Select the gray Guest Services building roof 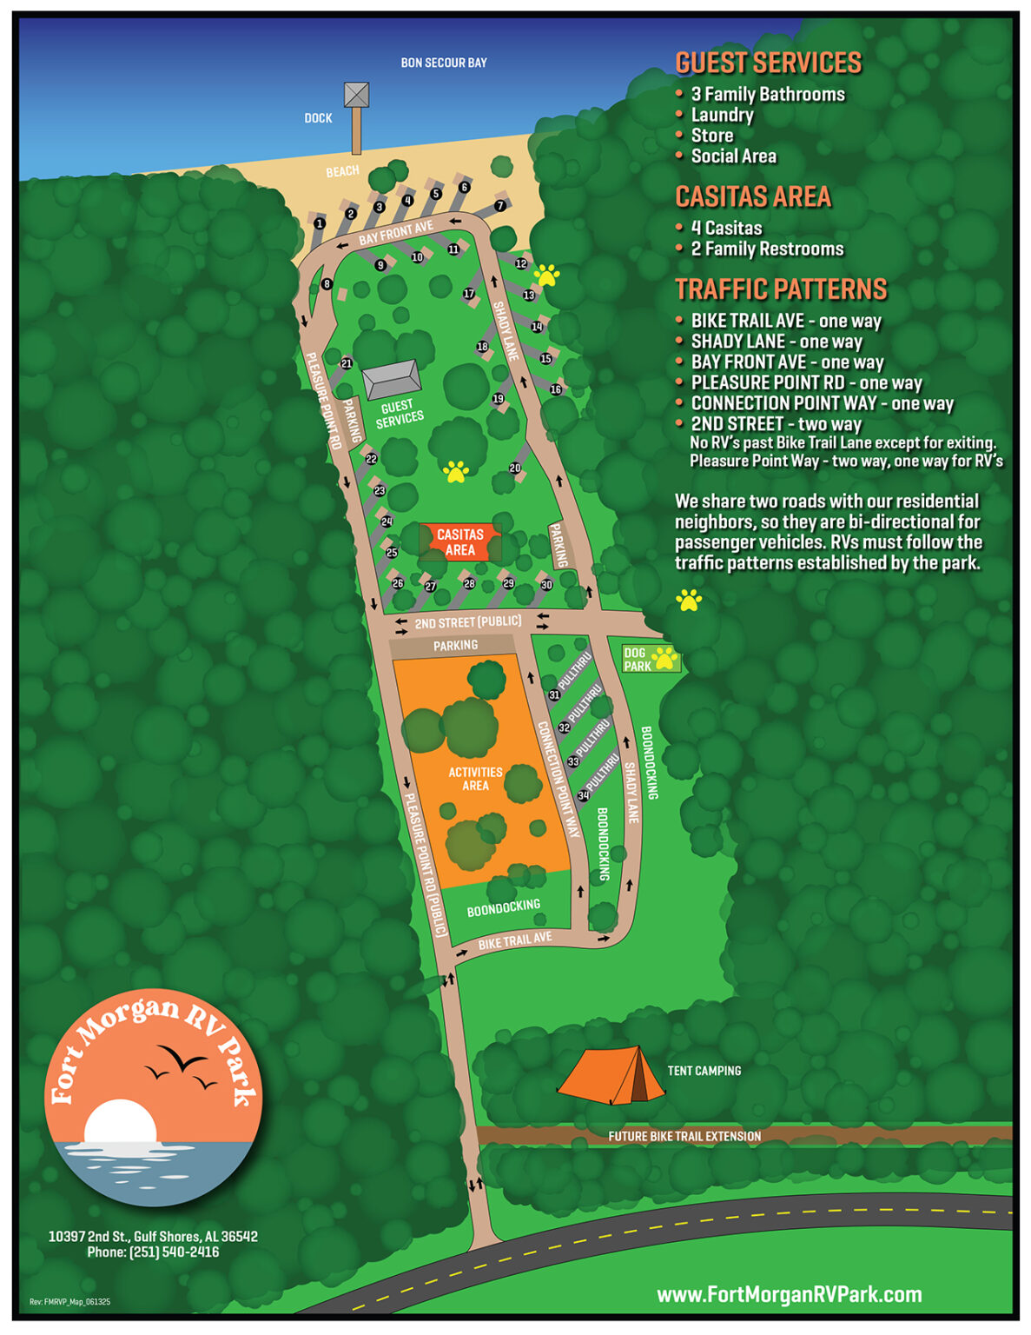[392, 379]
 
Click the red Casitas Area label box [460, 542]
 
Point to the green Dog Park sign [649, 659]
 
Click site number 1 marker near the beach [320, 224]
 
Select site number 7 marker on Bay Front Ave [499, 206]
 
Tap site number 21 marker [347, 364]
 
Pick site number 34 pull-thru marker [584, 795]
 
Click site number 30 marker [546, 585]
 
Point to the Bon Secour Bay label [444, 63]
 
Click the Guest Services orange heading [768, 63]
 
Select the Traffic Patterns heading [781, 289]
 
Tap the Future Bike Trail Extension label [684, 1136]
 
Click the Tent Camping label [704, 1071]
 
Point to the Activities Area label [475, 779]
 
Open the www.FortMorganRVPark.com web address [789, 1294]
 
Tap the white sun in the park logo [121, 1121]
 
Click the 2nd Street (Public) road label [468, 622]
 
